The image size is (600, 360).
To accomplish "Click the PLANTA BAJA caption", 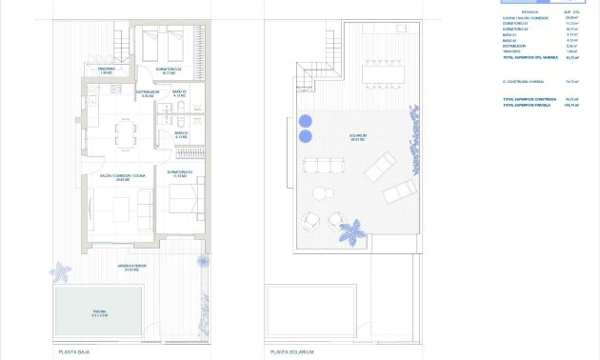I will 72,351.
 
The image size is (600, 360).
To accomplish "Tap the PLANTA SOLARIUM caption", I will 290,351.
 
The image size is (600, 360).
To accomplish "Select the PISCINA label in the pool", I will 100,313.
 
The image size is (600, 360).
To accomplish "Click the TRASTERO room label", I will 107,70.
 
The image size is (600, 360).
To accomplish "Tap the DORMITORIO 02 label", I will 168,70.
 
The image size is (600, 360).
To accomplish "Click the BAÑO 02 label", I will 179,93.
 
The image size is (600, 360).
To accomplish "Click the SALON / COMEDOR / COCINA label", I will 123,177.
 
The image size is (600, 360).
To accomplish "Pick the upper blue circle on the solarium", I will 306,121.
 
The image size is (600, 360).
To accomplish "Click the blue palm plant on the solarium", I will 352,230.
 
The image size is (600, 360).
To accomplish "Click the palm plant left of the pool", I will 60,271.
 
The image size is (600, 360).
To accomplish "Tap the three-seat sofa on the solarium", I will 322,166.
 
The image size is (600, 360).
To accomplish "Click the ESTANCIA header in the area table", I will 530,12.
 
